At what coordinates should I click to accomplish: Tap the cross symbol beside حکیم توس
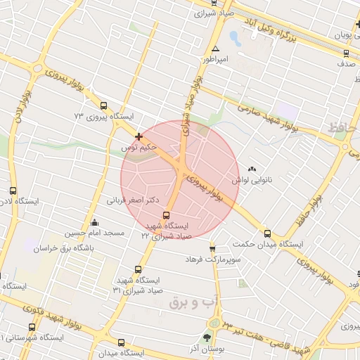click(x=139, y=136)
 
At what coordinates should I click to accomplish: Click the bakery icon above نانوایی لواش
click(x=252, y=169)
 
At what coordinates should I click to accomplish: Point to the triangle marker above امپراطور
click(x=216, y=49)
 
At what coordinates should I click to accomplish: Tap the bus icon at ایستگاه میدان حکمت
click(x=267, y=233)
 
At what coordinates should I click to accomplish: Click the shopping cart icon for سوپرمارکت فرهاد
click(x=212, y=248)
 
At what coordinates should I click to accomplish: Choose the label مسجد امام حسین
click(x=95, y=233)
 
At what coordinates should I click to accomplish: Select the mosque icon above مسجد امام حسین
click(x=95, y=222)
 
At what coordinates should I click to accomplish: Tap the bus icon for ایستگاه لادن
click(x=13, y=191)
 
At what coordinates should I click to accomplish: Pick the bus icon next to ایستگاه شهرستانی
click(x=32, y=327)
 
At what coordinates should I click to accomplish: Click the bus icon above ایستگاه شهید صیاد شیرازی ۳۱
click(x=137, y=269)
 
